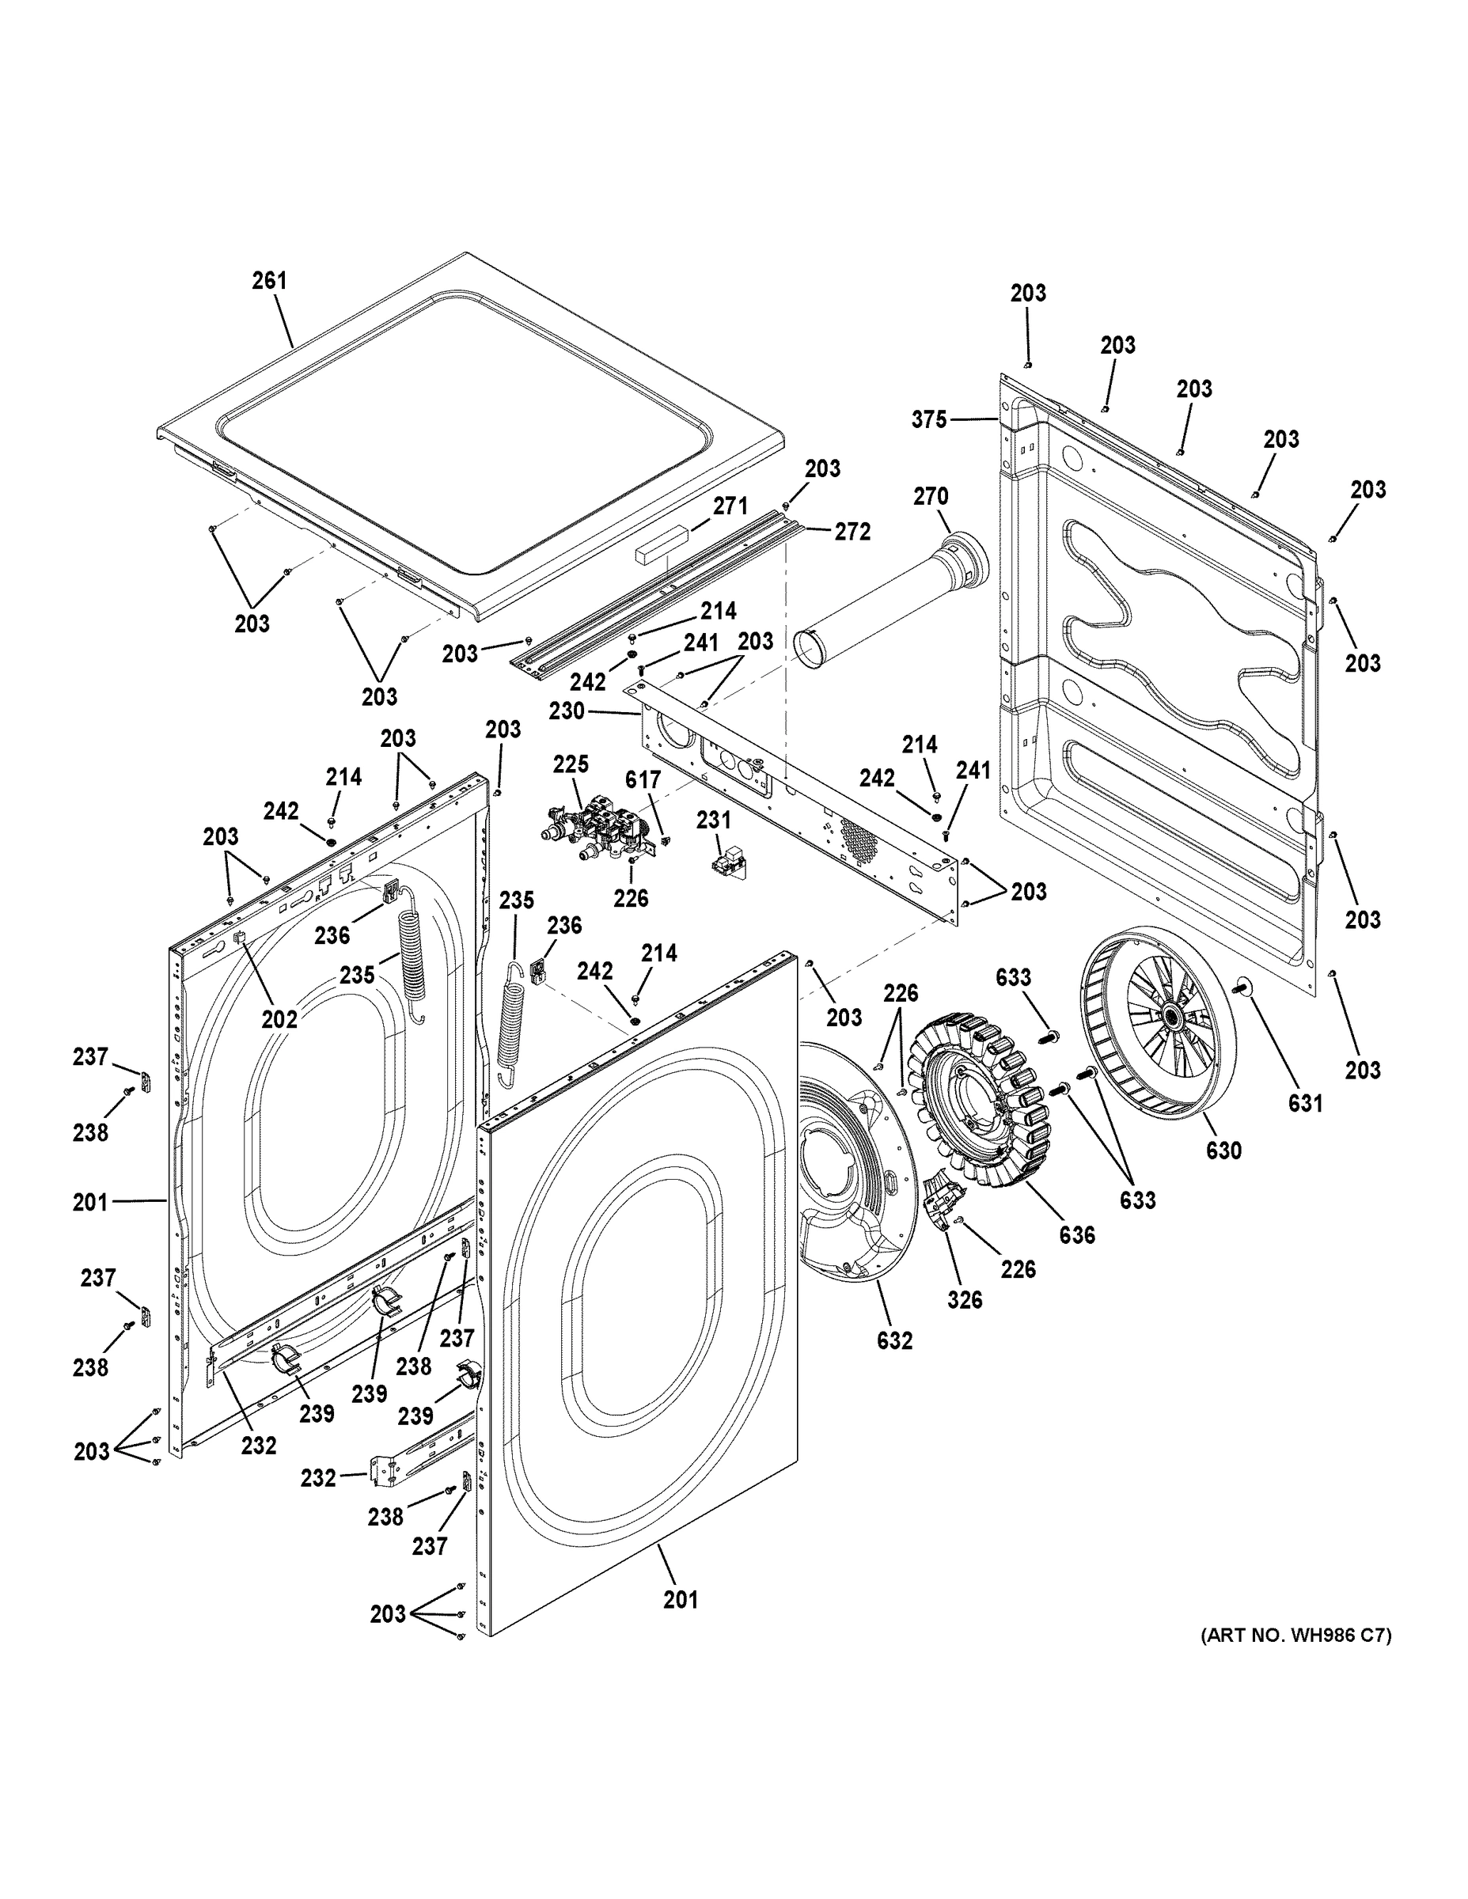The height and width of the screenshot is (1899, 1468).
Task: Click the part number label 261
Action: pos(269,281)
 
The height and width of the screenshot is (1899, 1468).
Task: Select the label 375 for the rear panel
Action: pos(929,420)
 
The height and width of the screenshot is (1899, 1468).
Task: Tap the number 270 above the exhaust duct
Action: pos(930,496)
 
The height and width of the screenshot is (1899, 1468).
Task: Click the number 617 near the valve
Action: pos(643,780)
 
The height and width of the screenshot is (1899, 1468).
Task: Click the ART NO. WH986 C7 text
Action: pos(1295,1636)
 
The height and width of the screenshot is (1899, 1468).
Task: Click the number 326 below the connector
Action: pos(965,1300)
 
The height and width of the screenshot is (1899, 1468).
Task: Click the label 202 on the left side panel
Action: pos(280,1019)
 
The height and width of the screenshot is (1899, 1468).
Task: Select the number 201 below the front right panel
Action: pos(680,1599)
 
